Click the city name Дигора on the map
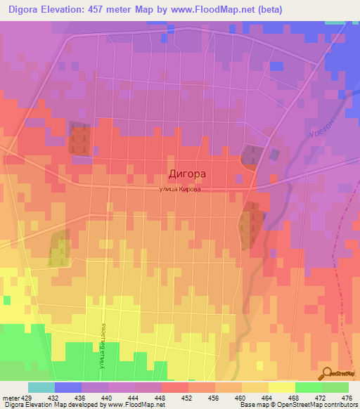pos(188,172)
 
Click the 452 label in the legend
pos(188,397)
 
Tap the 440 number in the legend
pos(108,397)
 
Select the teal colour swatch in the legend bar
pos(41,387)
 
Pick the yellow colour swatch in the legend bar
pos(281,387)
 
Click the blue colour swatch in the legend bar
pos(67,387)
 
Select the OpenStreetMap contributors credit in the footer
pos(316,405)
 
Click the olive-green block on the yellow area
pos(59,249)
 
